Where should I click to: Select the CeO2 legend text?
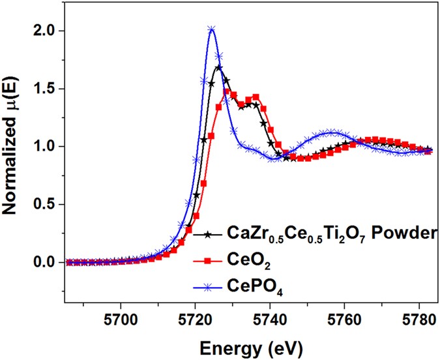pos(244,261)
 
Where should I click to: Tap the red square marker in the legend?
pos(207,261)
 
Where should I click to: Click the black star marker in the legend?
pos(207,232)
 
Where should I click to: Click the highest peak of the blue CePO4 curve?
pos(211,29)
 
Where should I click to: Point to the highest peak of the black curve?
pos(219,67)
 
